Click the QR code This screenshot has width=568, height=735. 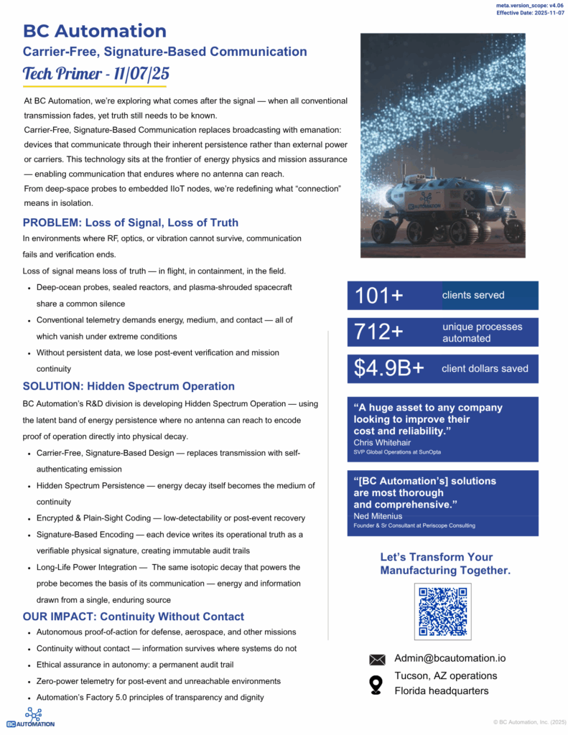(x=443, y=611)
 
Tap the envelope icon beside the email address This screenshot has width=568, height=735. (x=377, y=660)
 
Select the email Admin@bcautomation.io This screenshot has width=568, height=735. (x=450, y=658)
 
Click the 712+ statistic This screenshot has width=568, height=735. (x=379, y=332)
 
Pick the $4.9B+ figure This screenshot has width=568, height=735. (x=388, y=368)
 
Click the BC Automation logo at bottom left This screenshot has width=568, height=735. (x=31, y=718)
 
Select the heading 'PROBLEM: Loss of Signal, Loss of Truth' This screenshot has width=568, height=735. (x=130, y=223)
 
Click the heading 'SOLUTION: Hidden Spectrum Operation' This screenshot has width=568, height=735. (x=129, y=386)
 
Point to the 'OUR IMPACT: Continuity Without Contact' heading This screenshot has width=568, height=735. (x=133, y=617)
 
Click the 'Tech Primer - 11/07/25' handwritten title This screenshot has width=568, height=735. (x=96, y=74)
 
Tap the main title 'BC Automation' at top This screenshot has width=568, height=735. (x=95, y=31)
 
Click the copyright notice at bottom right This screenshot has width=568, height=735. (x=529, y=722)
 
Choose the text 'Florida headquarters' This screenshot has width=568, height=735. (x=442, y=690)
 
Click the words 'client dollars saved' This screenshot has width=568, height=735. (x=485, y=368)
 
